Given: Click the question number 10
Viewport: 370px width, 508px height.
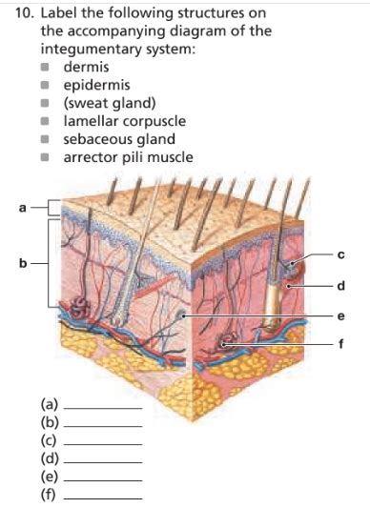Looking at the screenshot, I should [26, 12].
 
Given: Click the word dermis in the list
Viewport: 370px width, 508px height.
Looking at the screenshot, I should [86, 69].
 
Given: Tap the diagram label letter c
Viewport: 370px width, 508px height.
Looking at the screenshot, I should [353, 255].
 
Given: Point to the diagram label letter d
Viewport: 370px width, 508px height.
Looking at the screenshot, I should [353, 284].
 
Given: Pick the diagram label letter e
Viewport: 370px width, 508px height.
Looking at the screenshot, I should [353, 315].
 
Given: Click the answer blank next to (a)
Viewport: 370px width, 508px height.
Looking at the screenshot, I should [108, 407].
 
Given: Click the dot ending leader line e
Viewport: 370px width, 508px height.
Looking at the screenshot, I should [183, 315].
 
